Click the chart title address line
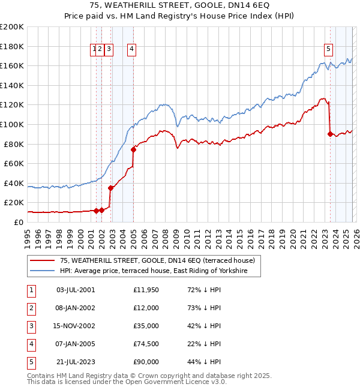coord(180,5)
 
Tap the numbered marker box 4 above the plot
coord(131,50)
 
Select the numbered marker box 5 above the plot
coord(329,50)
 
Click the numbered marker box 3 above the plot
coord(109,50)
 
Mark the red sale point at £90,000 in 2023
coord(331,134)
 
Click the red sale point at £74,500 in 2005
coord(133,149)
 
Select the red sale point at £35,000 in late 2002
coord(110,188)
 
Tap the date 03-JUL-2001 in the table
coord(75,290)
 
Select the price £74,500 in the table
coord(146,344)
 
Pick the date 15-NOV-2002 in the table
coord(75,326)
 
